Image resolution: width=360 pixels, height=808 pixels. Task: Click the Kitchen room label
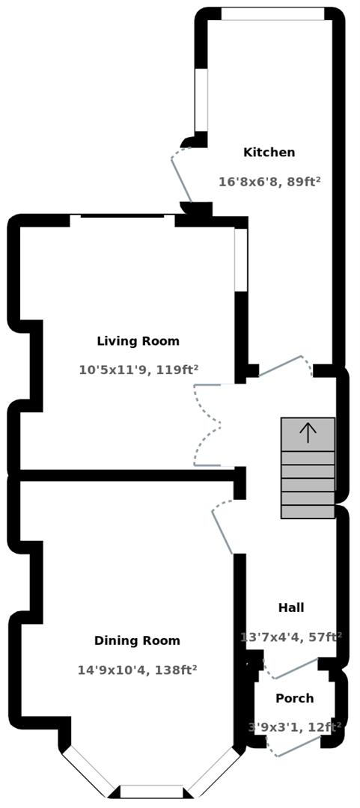(x=269, y=153)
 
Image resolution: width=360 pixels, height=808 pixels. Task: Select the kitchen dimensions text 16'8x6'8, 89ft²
(x=269, y=182)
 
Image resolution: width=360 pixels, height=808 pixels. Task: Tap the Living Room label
(x=138, y=341)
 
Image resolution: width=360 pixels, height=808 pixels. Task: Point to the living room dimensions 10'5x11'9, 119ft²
(x=138, y=370)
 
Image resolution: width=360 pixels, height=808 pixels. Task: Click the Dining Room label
(x=137, y=640)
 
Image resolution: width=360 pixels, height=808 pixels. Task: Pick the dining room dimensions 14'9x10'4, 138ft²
(x=137, y=670)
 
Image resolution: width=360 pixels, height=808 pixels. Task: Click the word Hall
(x=291, y=607)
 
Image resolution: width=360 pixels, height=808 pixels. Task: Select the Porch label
(x=294, y=698)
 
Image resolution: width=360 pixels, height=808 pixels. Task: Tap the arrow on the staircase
(x=308, y=432)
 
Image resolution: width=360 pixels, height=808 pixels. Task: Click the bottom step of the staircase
(x=308, y=512)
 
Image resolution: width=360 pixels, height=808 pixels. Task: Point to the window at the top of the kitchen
(x=272, y=14)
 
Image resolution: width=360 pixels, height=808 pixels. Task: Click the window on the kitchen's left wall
(x=201, y=100)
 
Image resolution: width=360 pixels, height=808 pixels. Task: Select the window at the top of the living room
(x=123, y=219)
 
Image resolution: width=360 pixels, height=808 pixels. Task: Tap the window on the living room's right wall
(x=241, y=260)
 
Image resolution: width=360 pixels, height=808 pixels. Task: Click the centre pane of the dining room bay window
(x=152, y=792)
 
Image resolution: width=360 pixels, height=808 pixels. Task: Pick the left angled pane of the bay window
(x=88, y=771)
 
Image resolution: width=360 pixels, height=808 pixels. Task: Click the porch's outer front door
(x=299, y=747)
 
